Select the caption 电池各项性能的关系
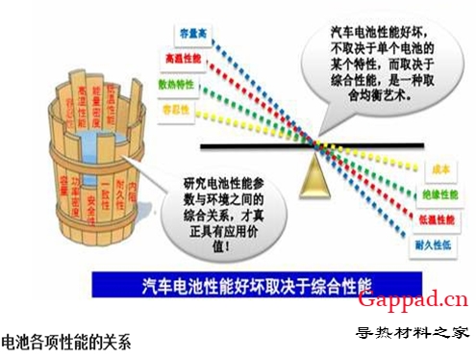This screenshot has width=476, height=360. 65,340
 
